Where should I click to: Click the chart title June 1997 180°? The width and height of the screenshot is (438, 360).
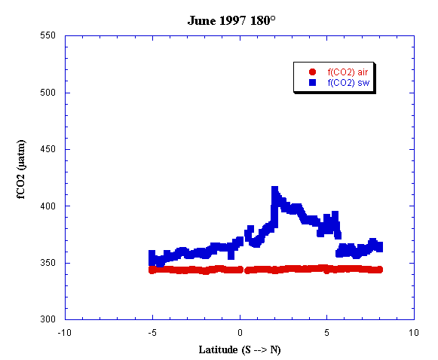click(x=231, y=21)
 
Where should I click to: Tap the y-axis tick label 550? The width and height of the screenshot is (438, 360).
click(x=48, y=35)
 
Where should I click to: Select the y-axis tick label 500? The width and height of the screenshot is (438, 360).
click(x=48, y=93)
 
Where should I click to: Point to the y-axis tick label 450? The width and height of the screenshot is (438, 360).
click(x=48, y=149)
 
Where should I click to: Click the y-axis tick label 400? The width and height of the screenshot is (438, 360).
click(x=48, y=206)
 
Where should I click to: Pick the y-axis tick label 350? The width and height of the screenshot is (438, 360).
click(x=48, y=263)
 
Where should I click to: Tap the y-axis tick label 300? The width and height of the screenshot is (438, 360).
click(x=48, y=319)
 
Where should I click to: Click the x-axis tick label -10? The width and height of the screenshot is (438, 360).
click(x=65, y=333)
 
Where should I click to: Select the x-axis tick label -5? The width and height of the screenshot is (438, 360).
click(x=152, y=333)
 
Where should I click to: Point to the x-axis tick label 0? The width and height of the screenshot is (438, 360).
click(x=240, y=333)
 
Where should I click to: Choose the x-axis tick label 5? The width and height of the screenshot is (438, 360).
click(x=327, y=333)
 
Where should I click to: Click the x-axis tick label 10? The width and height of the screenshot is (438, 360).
click(x=414, y=333)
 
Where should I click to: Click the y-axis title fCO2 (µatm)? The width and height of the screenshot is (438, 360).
click(x=21, y=169)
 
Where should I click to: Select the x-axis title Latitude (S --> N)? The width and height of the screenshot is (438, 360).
click(x=240, y=349)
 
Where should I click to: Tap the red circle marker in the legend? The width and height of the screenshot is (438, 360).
click(x=312, y=72)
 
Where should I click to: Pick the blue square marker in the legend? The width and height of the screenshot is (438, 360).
click(x=312, y=82)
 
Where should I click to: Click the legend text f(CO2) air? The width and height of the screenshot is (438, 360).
click(x=348, y=72)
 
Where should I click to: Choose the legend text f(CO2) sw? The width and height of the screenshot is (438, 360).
click(x=348, y=83)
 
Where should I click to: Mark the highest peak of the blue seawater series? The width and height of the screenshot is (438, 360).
click(x=274, y=190)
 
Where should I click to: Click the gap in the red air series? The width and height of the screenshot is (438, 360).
click(x=244, y=270)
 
